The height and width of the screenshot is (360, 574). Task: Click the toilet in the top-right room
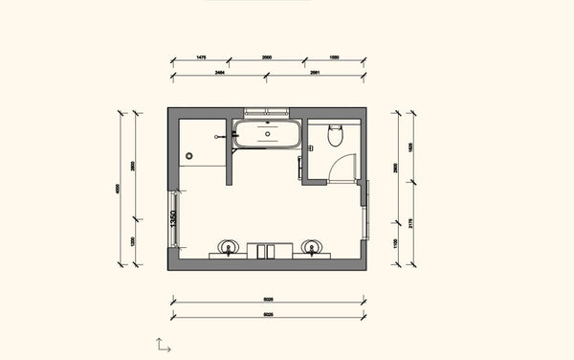335,136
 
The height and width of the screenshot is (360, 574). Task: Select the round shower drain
189,155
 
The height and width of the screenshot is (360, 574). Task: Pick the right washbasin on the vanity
311,247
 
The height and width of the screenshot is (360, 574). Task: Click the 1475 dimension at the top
201,57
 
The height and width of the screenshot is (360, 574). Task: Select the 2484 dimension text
219,71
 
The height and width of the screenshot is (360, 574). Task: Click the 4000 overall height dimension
120,189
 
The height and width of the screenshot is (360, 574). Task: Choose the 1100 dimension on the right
397,245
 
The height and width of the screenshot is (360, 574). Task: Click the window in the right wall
367,213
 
